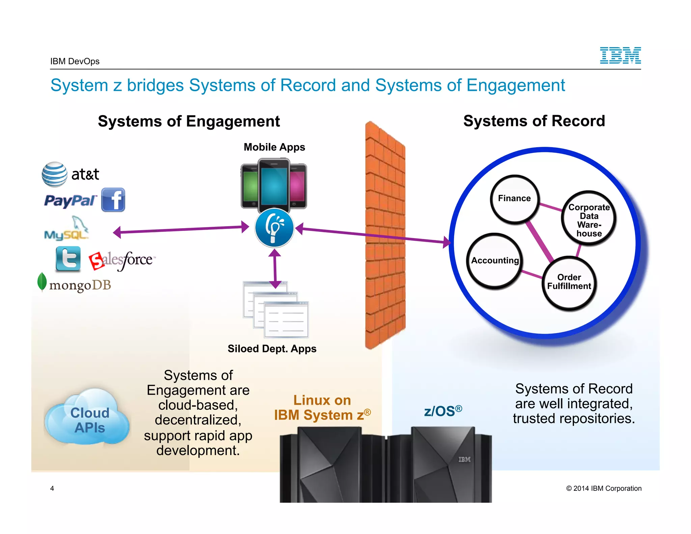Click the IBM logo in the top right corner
(x=620, y=56)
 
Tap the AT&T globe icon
(x=54, y=175)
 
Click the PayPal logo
(x=70, y=201)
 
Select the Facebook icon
(x=113, y=200)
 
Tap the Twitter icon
(x=68, y=259)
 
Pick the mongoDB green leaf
(x=42, y=282)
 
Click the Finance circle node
(x=514, y=198)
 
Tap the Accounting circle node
(x=495, y=261)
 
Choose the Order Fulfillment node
(x=569, y=282)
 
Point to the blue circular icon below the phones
(x=274, y=228)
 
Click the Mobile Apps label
(x=274, y=147)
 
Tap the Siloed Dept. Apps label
(x=272, y=349)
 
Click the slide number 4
(x=52, y=488)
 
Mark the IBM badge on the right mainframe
(x=464, y=459)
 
